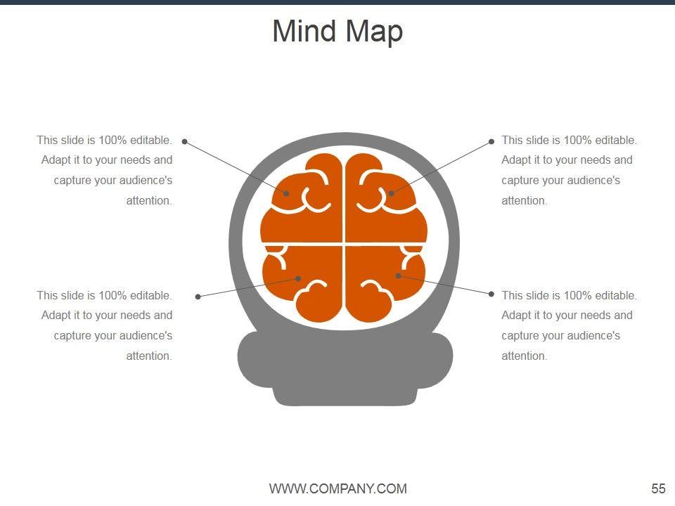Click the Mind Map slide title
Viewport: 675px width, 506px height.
click(337, 32)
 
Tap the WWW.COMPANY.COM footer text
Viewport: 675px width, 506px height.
click(337, 489)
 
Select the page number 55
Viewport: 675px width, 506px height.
click(658, 489)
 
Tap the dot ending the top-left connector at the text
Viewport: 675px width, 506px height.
click(185, 141)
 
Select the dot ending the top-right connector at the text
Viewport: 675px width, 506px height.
click(491, 141)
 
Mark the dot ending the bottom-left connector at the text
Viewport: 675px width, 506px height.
click(198, 297)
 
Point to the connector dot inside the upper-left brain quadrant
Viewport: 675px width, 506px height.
click(287, 193)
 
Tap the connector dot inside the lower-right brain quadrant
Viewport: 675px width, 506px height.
click(398, 275)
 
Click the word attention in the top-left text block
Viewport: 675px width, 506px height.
click(149, 201)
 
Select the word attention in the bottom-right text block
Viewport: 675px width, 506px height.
click(524, 356)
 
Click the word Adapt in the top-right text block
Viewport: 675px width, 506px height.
click(516, 160)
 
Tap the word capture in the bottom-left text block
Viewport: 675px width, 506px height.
click(72, 336)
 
